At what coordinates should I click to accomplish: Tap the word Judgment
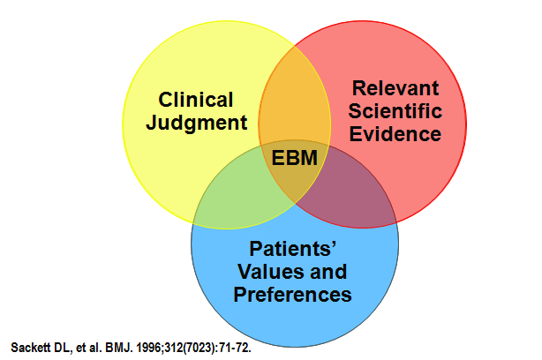coord(196,122)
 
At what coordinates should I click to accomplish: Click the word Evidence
coord(395,134)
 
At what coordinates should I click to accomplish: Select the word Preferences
coord(294,294)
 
